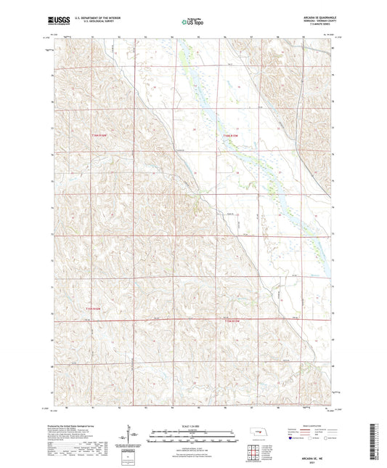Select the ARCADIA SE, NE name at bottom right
[315, 451]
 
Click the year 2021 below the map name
[315, 456]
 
